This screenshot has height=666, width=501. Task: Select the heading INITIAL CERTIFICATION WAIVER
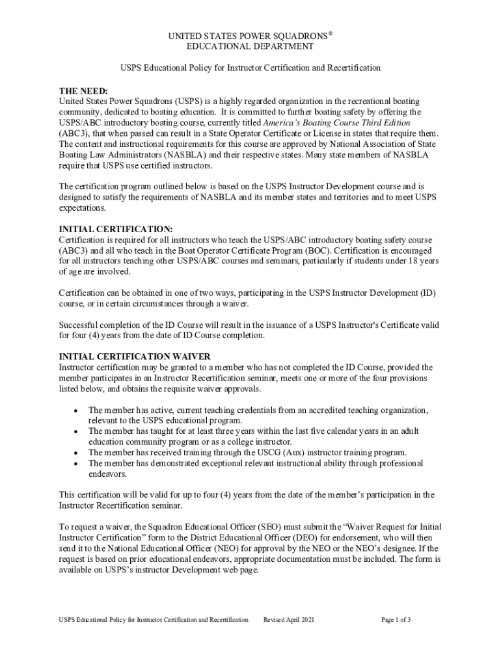135,356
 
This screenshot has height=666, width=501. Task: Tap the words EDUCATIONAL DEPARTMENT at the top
251,46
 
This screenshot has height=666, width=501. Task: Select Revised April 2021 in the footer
288,620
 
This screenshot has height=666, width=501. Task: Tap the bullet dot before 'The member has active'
77,411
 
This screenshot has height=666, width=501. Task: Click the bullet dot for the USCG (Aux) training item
77,453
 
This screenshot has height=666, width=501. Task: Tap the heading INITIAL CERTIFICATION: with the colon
116,229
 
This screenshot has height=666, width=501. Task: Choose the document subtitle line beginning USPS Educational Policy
251,68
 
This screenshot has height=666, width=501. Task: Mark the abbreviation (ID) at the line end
427,293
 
